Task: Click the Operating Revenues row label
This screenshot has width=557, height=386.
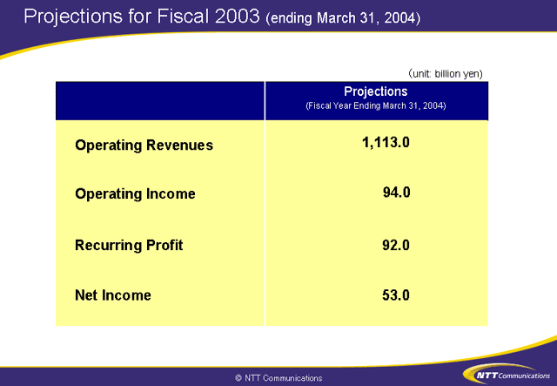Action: click(x=144, y=146)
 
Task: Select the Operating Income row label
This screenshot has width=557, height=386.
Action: click(x=135, y=193)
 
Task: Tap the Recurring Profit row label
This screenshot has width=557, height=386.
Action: click(x=129, y=245)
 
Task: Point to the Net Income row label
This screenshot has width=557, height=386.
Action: click(x=113, y=295)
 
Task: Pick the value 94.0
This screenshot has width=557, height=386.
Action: click(x=396, y=193)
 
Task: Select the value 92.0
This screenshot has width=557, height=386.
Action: click(x=396, y=244)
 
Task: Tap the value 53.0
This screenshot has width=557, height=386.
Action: click(x=396, y=295)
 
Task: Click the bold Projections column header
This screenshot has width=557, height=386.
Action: click(x=376, y=91)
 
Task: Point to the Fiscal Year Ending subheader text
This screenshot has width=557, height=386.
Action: click(x=376, y=105)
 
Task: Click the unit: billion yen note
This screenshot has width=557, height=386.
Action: click(x=445, y=73)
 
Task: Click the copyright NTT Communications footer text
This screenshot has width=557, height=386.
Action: click(x=278, y=378)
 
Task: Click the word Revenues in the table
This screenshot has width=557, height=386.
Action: click(x=178, y=146)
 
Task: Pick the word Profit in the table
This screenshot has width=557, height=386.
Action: click(x=164, y=245)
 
